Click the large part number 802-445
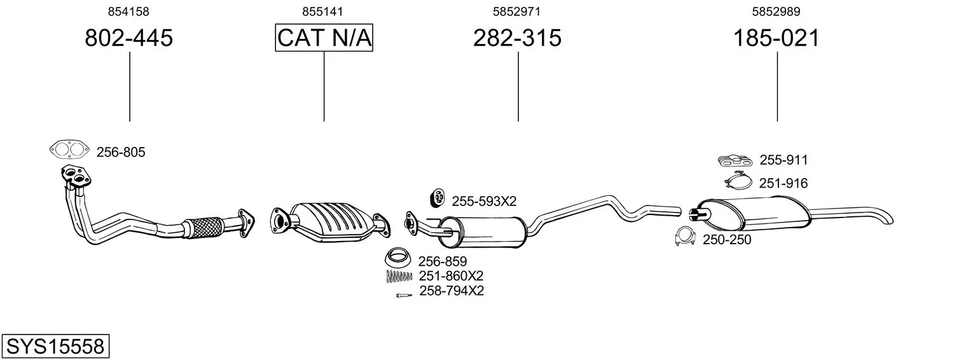[x=128, y=38]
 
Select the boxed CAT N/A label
[x=324, y=38]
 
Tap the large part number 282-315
[x=517, y=38]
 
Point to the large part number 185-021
[x=776, y=38]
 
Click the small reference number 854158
[x=128, y=11]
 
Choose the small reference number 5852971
[x=516, y=11]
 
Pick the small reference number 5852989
[x=776, y=11]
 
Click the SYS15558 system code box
[x=55, y=346]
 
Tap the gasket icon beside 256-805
[x=69, y=150]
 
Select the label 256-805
[x=121, y=153]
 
